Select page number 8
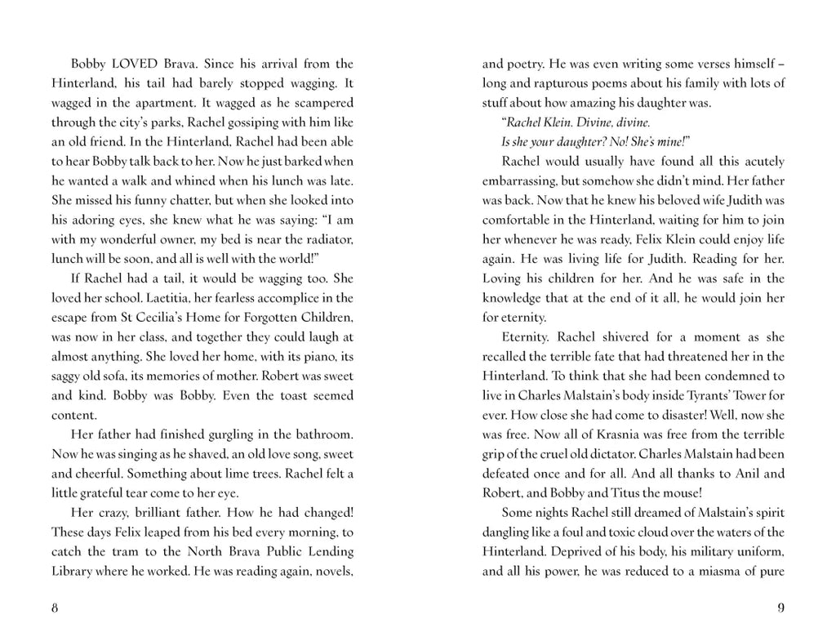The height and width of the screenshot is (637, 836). [55, 608]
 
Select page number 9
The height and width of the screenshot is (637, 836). [780, 608]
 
